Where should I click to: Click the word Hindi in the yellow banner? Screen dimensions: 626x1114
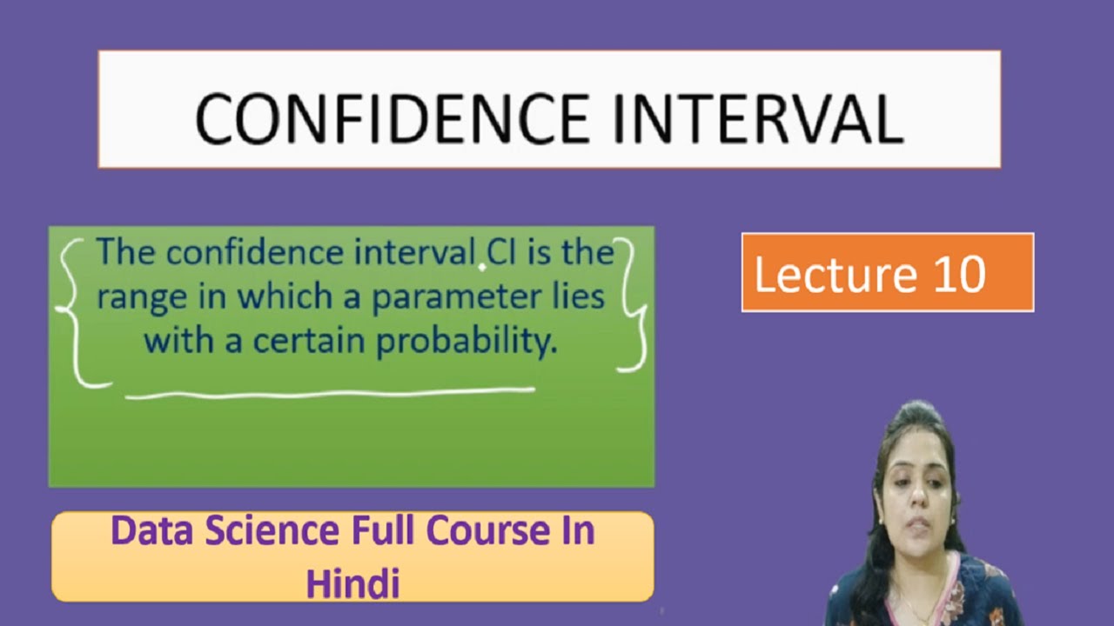click(352, 583)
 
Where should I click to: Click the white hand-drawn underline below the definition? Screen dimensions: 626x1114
click(331, 394)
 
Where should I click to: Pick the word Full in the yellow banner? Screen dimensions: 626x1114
click(389, 531)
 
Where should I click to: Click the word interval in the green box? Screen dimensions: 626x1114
click(414, 253)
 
